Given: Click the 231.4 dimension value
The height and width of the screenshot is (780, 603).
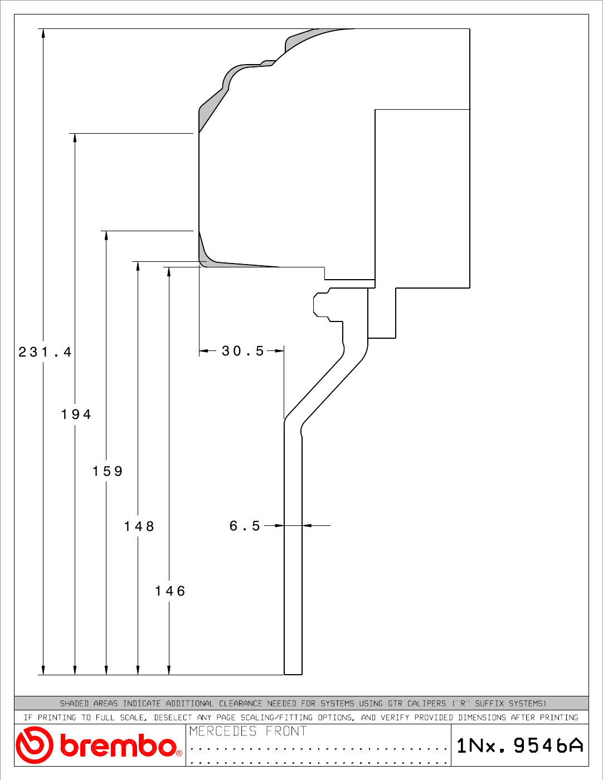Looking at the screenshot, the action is click(x=45, y=352).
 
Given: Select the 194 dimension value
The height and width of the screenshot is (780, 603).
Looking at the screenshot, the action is click(x=76, y=414).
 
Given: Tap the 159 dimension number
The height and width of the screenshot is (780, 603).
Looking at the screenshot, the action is click(x=108, y=471).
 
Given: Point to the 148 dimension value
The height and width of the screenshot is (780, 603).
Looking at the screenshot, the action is click(x=139, y=526).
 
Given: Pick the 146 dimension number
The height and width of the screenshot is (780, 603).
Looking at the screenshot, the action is click(x=170, y=591).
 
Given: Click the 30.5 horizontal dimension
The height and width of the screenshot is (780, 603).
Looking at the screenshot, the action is click(x=243, y=350).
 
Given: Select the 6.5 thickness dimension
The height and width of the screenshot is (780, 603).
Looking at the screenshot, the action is click(x=245, y=526).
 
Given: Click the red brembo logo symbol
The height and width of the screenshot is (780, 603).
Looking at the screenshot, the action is click(x=34, y=745).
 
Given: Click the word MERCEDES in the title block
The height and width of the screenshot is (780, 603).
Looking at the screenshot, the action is click(x=223, y=731).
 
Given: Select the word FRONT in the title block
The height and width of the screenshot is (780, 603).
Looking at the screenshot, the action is click(x=286, y=731).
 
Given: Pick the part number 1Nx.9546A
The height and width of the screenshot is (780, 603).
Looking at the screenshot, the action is click(x=520, y=745).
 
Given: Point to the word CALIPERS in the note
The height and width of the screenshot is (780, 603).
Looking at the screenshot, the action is click(x=426, y=703).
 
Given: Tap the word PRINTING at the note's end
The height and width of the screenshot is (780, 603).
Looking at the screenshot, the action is click(x=559, y=718).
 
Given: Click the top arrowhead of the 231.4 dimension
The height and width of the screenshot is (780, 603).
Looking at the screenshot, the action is click(x=43, y=33).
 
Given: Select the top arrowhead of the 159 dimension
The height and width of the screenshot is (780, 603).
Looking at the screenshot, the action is click(x=106, y=235).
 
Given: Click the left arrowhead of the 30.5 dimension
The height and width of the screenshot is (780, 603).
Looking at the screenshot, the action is click(x=204, y=350).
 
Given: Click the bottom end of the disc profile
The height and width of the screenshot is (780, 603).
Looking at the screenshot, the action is click(x=293, y=675).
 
